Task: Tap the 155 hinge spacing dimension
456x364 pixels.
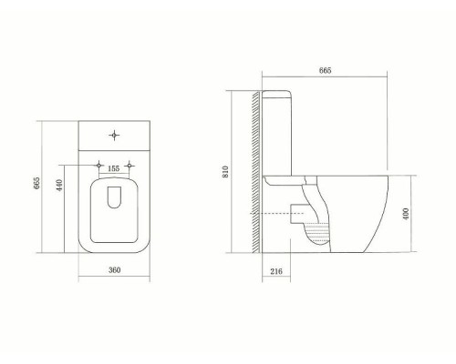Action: [113, 168]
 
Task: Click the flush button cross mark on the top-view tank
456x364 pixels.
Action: [113, 136]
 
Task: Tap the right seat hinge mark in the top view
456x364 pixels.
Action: [131, 166]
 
